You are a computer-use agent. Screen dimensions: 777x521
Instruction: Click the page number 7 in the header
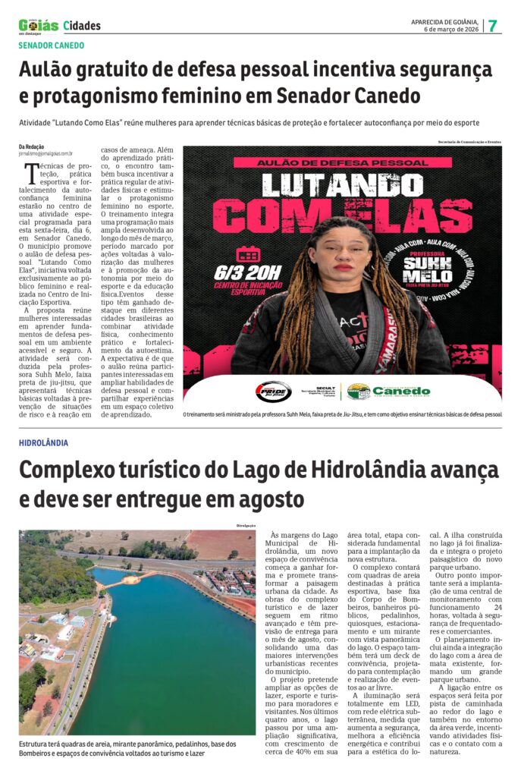[x=493, y=25]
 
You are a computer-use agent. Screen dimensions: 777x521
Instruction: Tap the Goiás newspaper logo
[x=38, y=26]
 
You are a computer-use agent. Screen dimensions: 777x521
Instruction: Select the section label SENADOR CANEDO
[x=52, y=46]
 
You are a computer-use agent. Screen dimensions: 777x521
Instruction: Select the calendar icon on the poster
[x=247, y=254]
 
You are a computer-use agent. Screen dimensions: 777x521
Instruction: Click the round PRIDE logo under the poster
[x=272, y=392]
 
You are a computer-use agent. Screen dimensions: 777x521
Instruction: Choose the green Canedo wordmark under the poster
[x=401, y=391]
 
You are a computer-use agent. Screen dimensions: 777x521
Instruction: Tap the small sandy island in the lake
[x=131, y=580]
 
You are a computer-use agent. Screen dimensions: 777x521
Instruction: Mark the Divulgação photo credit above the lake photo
[x=243, y=526]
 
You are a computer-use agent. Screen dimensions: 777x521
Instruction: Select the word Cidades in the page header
[x=82, y=26]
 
